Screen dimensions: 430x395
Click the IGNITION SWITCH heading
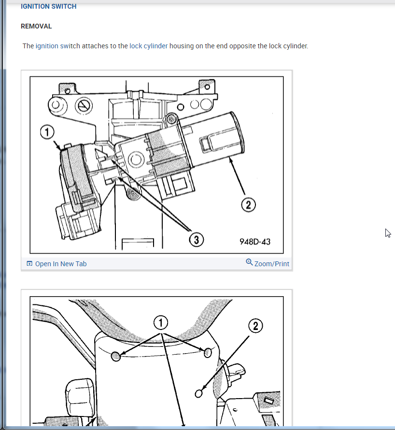48,7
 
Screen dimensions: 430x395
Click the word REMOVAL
36,26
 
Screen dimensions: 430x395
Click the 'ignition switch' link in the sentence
58,46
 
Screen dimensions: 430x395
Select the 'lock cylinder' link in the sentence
149,46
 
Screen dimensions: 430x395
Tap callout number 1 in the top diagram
48,132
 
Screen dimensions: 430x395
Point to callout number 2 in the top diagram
248,205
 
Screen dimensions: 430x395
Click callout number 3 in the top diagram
196,239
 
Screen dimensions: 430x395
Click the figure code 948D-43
255,241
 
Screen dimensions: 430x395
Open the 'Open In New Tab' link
61,264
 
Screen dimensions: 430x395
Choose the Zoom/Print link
271,264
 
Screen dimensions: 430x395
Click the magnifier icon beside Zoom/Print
249,262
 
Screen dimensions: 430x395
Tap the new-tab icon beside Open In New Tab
29,264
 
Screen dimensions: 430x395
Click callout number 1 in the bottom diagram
161,323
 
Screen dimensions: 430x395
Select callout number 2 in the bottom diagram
255,327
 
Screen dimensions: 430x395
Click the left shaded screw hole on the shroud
115,356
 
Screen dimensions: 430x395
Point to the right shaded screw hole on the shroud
208,352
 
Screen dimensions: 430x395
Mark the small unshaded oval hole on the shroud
198,393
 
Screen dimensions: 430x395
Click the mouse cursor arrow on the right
387,233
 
